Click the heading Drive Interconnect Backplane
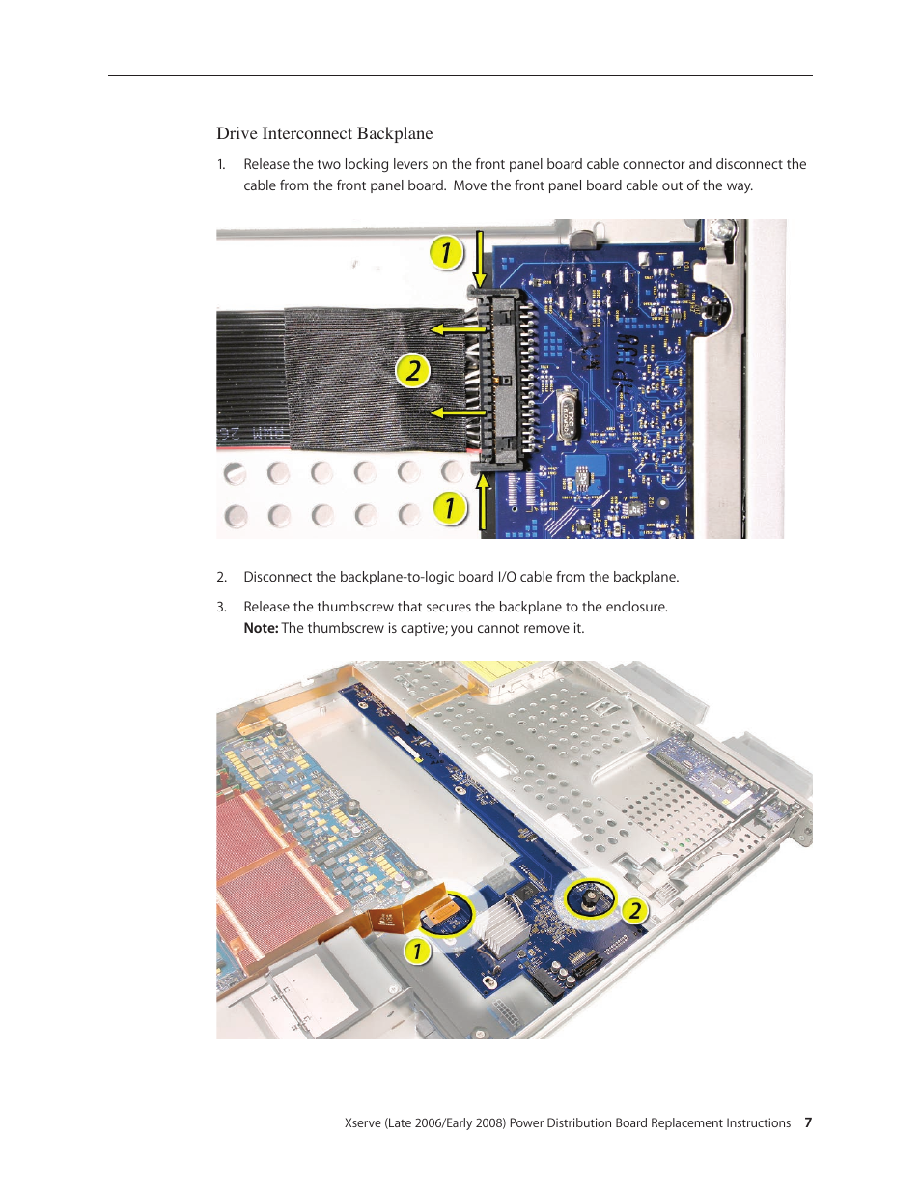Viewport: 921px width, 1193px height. (x=324, y=133)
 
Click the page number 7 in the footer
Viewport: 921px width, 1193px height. (x=807, y=1122)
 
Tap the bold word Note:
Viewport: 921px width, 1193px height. (x=261, y=628)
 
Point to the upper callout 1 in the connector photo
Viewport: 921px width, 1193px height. (x=445, y=252)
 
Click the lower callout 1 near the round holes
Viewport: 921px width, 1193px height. (x=450, y=507)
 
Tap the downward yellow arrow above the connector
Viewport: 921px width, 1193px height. (x=480, y=259)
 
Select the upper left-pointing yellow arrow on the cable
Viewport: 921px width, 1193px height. (x=458, y=329)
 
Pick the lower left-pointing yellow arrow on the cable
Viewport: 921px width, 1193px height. (x=458, y=412)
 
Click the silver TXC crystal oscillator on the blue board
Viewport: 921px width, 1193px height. (x=569, y=415)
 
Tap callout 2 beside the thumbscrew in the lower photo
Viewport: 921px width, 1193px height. (x=635, y=911)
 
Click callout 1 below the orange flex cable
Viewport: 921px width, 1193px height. (x=418, y=951)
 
